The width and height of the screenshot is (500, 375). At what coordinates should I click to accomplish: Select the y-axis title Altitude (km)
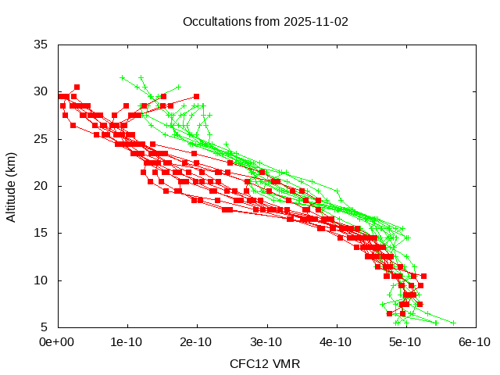(x=11, y=186)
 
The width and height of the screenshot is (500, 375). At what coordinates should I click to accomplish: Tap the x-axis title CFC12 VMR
(x=265, y=363)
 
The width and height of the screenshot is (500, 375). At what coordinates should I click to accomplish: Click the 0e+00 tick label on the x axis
(x=58, y=341)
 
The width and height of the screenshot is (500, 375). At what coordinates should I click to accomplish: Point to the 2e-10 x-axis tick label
(x=197, y=341)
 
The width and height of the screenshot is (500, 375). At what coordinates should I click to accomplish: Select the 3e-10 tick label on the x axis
(x=266, y=341)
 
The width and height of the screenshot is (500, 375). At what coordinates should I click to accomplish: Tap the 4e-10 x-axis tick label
(x=336, y=341)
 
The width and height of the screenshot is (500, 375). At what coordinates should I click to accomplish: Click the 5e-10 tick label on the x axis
(x=405, y=341)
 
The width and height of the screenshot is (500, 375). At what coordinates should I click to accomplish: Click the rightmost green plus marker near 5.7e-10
(x=453, y=322)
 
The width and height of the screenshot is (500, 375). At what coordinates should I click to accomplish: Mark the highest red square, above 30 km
(x=77, y=87)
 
